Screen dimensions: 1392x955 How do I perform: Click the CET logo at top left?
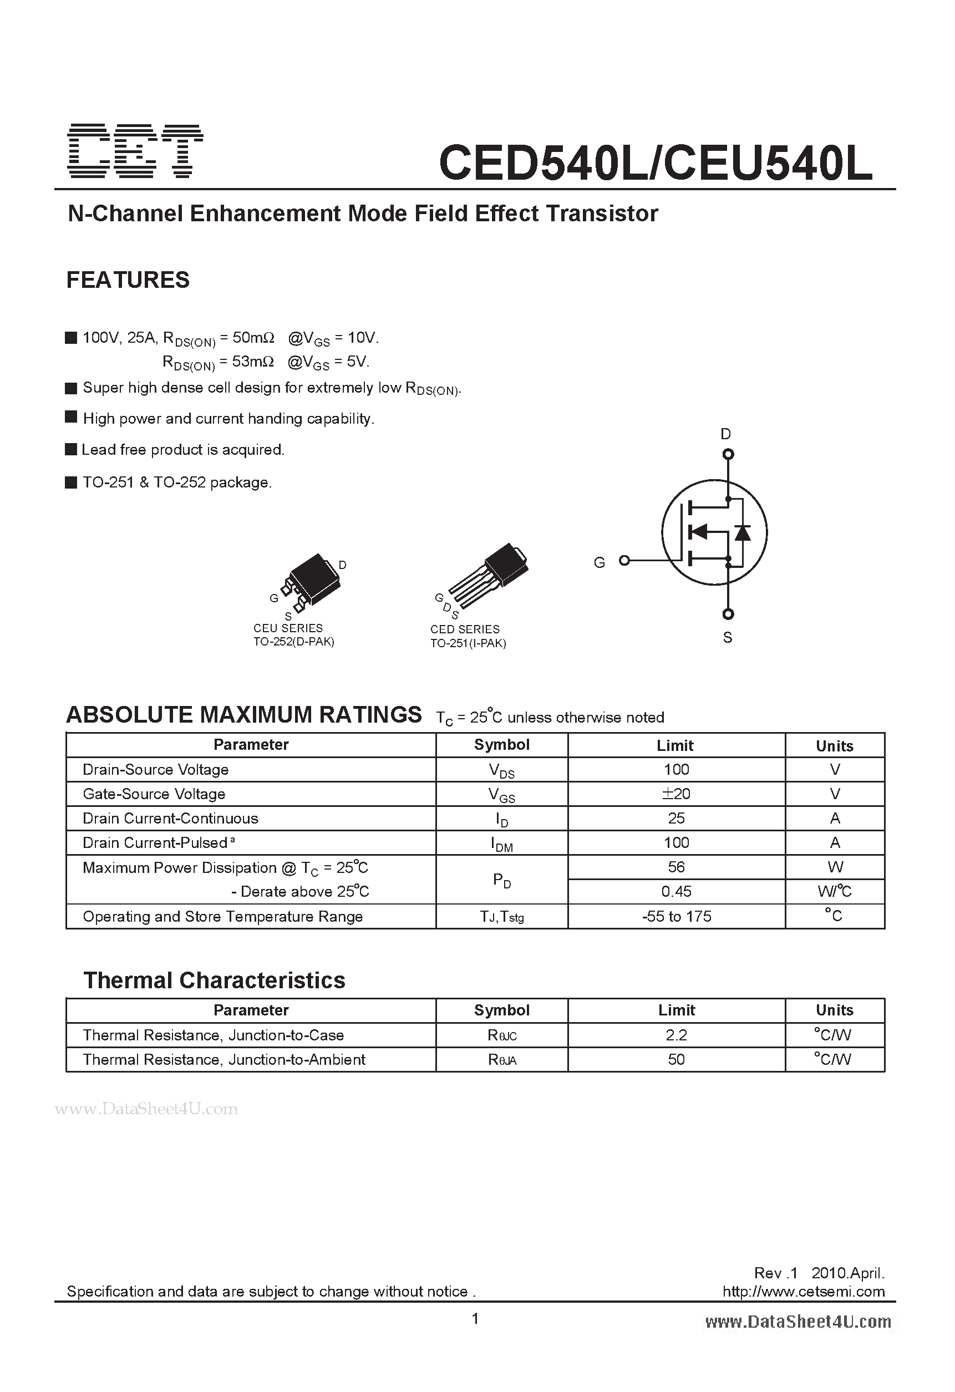(135, 151)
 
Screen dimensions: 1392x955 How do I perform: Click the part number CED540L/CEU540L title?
(656, 163)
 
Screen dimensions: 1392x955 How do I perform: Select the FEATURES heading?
(128, 280)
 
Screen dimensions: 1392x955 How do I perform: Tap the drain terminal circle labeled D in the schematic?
(728, 454)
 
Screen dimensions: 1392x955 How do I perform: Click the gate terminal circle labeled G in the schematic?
(624, 561)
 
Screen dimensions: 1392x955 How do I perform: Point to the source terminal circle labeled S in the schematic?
(728, 614)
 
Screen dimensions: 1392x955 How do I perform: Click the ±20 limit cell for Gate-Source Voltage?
(676, 794)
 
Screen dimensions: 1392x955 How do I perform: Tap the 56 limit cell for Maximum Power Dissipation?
(676, 867)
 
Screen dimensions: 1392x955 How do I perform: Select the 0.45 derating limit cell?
(676, 891)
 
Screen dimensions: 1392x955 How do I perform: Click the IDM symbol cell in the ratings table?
(501, 844)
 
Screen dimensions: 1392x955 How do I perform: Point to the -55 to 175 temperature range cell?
(676, 916)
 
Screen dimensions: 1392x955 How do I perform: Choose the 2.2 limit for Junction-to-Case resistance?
(676, 1035)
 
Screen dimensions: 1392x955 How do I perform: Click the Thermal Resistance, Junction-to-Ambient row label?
(223, 1060)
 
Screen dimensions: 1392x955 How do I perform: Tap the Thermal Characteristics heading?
(214, 981)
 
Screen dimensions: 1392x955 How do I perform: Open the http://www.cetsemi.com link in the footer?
(803, 1292)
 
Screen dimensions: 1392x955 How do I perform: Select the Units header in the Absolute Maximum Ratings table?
(834, 746)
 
